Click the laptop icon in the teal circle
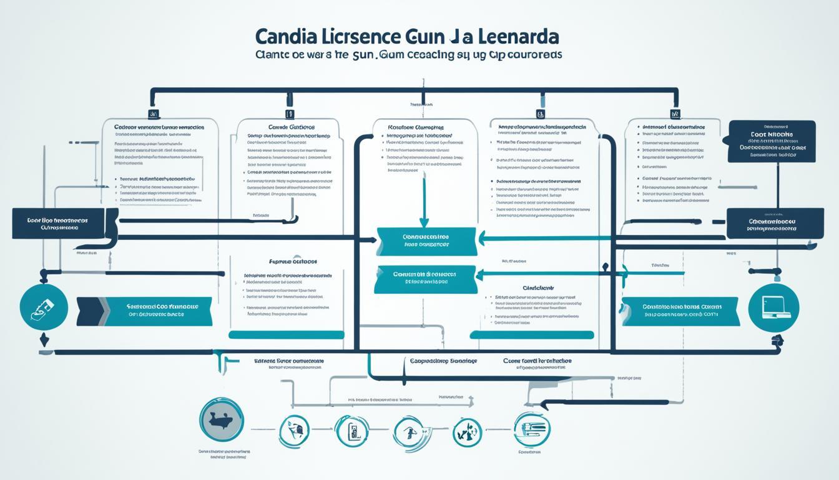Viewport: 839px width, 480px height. [x=772, y=308]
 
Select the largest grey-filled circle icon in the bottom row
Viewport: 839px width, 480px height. [x=222, y=419]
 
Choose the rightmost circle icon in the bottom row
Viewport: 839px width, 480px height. [x=531, y=429]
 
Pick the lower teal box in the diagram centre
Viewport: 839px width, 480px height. [x=425, y=278]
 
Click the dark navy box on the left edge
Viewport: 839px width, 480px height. [x=58, y=224]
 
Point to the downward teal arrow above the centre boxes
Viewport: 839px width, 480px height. [x=424, y=200]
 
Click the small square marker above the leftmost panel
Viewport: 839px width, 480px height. [x=153, y=114]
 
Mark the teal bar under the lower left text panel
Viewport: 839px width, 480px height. [x=287, y=335]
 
